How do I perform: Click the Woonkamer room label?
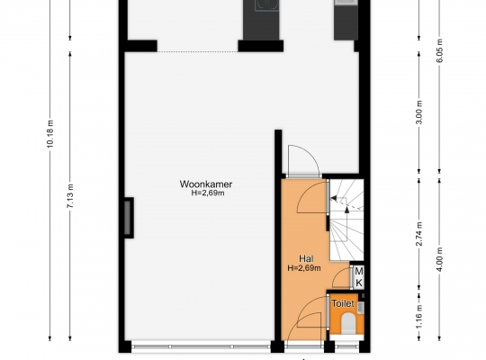[206, 184]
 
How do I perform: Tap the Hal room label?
[306, 258]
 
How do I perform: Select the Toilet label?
[343, 303]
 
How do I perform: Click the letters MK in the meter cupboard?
[358, 277]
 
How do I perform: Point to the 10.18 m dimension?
[50, 133]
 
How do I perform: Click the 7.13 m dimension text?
[71, 196]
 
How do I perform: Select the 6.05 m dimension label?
[439, 50]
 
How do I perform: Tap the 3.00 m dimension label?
[419, 112]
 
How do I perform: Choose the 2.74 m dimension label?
[419, 234]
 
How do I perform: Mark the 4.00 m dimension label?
[439, 259]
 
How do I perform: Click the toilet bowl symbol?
[347, 323]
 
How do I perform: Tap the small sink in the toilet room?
[361, 308]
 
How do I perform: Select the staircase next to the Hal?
[346, 220]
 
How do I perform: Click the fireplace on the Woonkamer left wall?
[128, 218]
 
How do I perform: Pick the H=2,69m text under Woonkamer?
[208, 193]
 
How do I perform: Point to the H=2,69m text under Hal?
[304, 268]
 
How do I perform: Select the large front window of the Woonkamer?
[201, 346]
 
